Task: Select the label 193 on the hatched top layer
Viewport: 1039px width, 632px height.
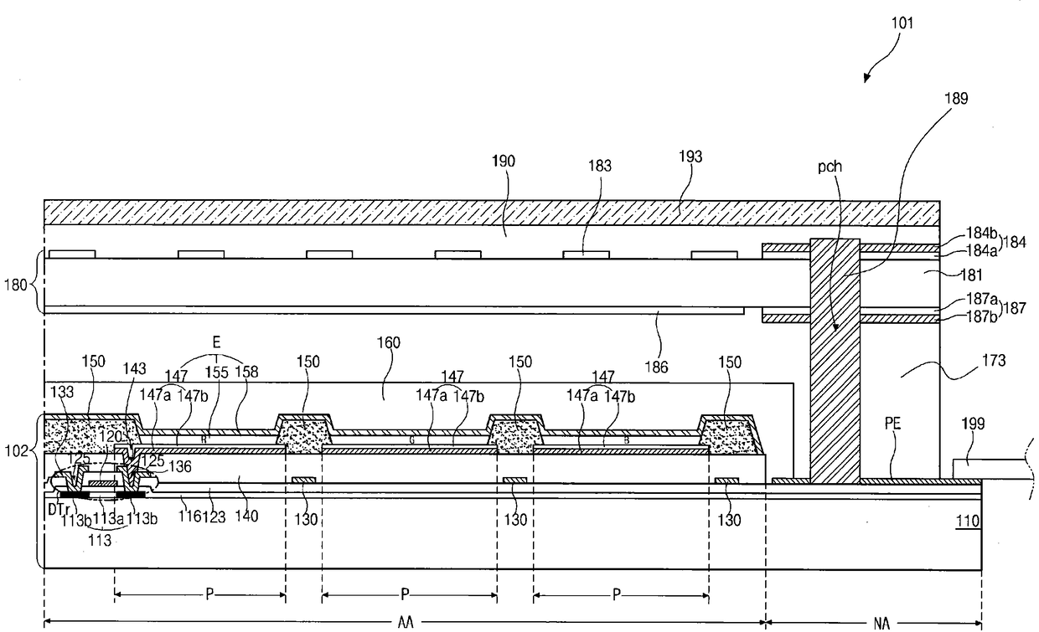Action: click(x=692, y=157)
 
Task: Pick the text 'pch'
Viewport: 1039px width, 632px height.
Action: click(x=832, y=167)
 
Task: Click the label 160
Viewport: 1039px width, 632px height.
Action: click(x=389, y=342)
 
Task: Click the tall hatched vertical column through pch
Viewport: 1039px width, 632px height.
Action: click(x=835, y=360)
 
